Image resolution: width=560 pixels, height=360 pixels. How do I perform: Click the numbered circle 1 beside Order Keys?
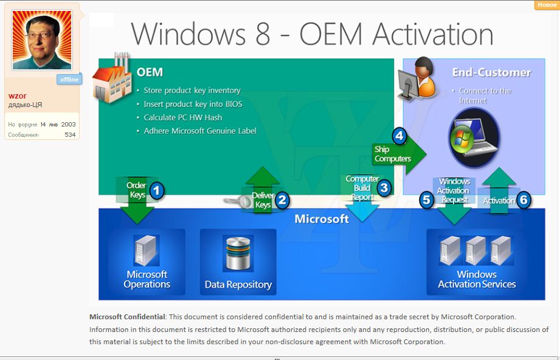pos(156,191)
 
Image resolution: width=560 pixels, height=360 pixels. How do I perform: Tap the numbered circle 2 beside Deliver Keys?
pos(282,200)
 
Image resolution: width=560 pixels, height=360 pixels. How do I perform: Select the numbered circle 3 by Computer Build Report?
pos(384,187)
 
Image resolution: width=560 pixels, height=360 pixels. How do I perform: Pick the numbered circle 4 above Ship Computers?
pos(399,136)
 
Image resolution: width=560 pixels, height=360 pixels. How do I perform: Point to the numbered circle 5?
pos(426,199)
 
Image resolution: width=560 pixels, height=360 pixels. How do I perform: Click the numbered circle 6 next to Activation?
pos(524,199)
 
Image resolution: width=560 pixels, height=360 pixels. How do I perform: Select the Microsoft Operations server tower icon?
pos(146,250)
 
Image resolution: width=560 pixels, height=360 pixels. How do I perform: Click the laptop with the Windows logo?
pos(474,138)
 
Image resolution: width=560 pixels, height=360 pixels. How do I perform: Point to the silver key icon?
pos(238,202)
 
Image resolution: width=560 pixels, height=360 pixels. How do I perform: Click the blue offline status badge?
pos(69,79)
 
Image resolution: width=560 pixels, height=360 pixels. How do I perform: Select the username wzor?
pos(17,95)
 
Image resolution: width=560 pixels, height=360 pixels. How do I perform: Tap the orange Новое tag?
pos(547,5)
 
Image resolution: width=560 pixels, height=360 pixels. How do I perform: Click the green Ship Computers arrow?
pos(399,154)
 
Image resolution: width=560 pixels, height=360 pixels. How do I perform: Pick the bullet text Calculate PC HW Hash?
pos(183,117)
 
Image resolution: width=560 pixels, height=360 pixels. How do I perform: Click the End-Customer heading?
pos(491,72)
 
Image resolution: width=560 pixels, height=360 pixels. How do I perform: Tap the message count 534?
pos(70,134)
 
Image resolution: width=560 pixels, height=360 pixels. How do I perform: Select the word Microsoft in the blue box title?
pos(322,218)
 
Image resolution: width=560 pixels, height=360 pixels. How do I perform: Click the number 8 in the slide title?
pos(263,34)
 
